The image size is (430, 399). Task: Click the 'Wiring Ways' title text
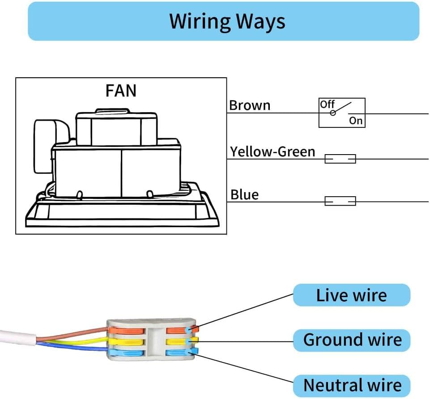click(x=227, y=21)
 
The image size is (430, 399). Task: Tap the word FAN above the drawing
click(x=121, y=91)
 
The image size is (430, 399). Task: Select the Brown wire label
click(x=250, y=105)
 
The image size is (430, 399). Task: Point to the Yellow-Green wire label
click(x=272, y=152)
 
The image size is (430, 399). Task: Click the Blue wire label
click(x=244, y=195)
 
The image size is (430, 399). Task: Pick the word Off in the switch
click(x=327, y=104)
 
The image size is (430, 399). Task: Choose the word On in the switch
click(x=356, y=121)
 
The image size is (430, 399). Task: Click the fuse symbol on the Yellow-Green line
click(x=340, y=159)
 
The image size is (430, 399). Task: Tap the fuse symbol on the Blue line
click(x=340, y=201)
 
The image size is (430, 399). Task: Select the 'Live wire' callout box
click(x=351, y=295)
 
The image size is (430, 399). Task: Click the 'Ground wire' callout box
click(x=352, y=340)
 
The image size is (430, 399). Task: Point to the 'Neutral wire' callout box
click(x=352, y=385)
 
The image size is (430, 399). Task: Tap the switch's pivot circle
click(x=332, y=113)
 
